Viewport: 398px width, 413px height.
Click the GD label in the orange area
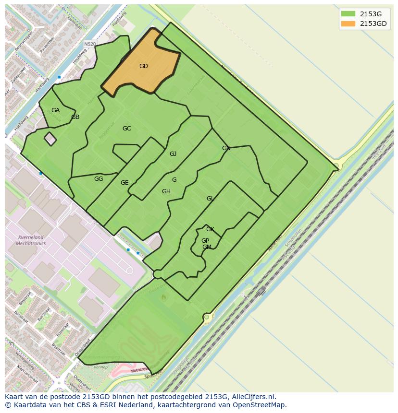click(143, 66)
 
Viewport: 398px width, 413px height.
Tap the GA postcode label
click(55, 110)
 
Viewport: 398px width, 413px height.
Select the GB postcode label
click(75, 117)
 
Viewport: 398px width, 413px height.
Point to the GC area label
click(126, 129)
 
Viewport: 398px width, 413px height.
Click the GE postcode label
click(124, 183)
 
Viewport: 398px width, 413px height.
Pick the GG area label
click(99, 179)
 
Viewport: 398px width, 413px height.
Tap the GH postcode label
click(166, 191)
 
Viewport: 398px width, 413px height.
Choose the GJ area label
click(173, 154)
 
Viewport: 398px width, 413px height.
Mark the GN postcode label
click(226, 148)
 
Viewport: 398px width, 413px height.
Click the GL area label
click(210, 199)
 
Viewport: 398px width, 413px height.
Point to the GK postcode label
click(210, 229)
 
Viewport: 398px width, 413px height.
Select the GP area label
click(205, 241)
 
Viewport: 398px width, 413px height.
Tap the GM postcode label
click(207, 247)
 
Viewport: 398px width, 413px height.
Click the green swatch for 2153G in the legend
click(348, 14)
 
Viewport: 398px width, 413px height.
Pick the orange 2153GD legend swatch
click(348, 24)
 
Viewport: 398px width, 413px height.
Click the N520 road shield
click(90, 44)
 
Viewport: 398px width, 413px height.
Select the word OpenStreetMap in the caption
click(260, 405)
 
